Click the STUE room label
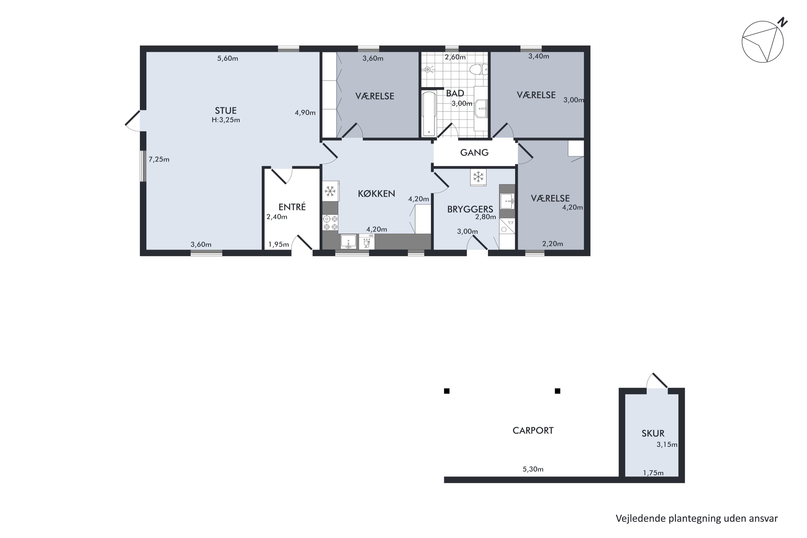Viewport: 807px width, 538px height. (x=225, y=111)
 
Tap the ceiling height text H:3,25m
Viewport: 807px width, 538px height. (x=225, y=120)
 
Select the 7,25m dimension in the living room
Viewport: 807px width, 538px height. (x=159, y=160)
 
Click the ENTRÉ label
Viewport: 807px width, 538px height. (x=292, y=207)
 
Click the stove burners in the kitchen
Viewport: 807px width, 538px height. (x=330, y=222)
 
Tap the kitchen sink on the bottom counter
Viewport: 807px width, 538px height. (x=348, y=242)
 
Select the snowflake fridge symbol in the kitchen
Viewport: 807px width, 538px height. (x=330, y=191)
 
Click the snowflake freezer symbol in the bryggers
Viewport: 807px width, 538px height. (x=478, y=177)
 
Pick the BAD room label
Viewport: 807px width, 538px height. (x=455, y=93)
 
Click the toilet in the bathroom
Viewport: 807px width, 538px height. (x=478, y=70)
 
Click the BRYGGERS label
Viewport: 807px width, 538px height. (x=470, y=209)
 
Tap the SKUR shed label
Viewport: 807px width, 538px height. (x=653, y=433)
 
